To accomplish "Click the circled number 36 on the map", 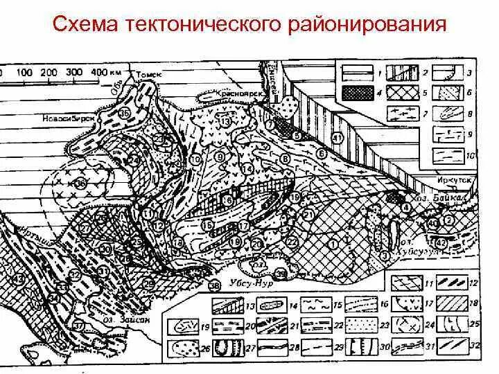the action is (80, 184).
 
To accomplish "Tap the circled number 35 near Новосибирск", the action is (125, 113).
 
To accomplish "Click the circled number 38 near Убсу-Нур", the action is (214, 286).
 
